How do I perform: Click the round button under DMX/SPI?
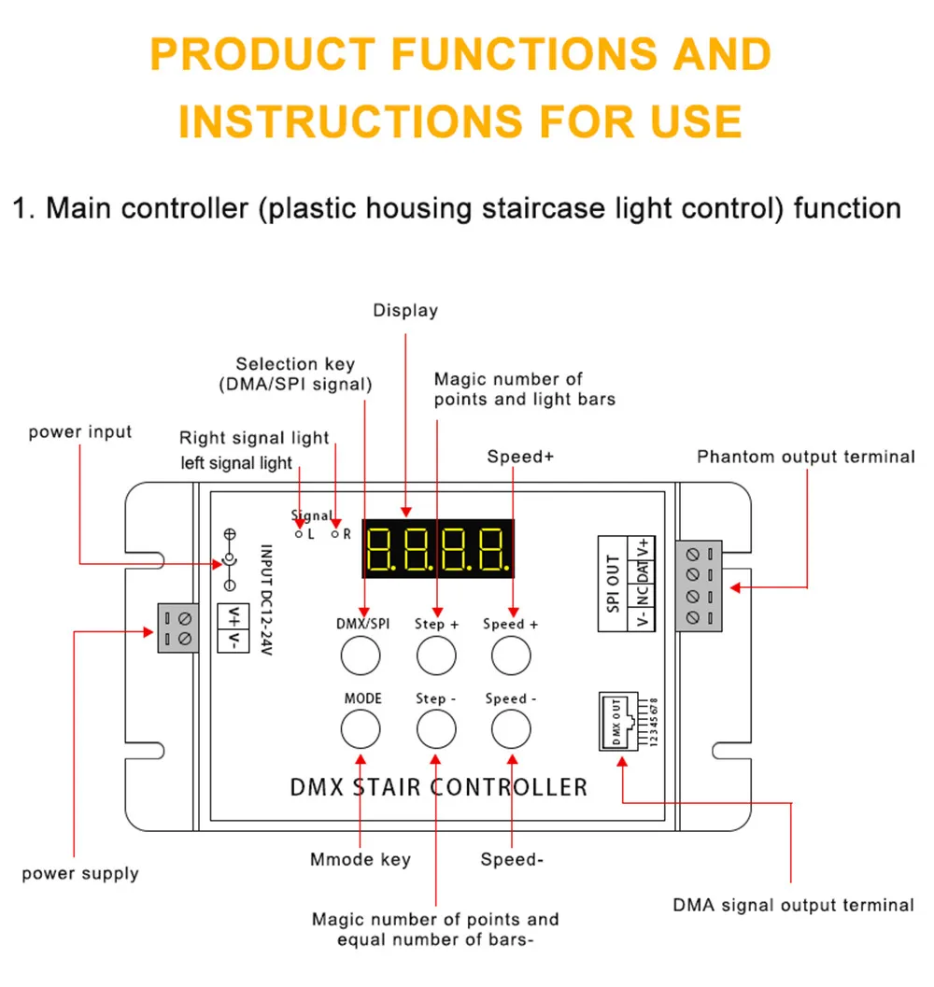click(361, 656)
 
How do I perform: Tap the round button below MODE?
click(361, 729)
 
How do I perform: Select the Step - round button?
click(436, 729)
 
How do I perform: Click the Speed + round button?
click(511, 656)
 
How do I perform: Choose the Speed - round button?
click(511, 729)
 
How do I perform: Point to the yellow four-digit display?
click(438, 548)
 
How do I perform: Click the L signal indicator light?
click(299, 534)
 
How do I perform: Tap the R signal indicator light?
click(335, 534)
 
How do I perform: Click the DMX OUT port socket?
click(617, 722)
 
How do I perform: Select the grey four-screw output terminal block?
click(699, 585)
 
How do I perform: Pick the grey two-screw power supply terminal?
click(177, 628)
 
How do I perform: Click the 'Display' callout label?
click(405, 310)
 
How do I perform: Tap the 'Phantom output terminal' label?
click(805, 457)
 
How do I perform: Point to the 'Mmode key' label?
click(361, 859)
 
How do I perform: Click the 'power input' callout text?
click(80, 431)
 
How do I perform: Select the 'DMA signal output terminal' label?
click(794, 905)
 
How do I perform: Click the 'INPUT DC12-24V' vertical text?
click(266, 599)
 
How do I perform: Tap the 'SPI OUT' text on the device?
click(613, 584)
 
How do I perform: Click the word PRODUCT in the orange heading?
click(262, 54)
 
